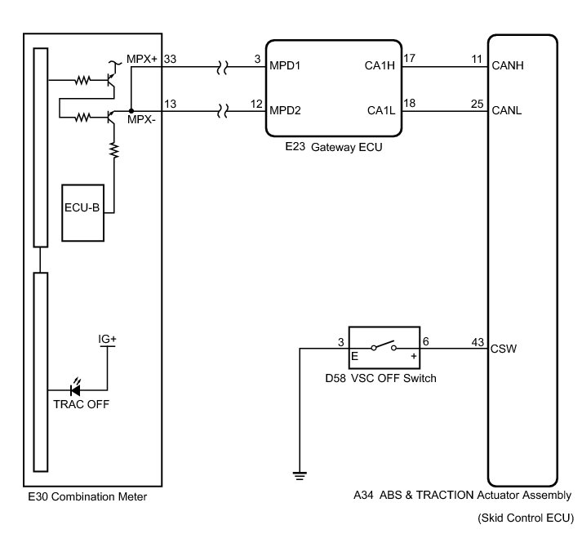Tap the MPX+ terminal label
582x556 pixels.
click(142, 60)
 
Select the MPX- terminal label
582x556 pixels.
click(141, 119)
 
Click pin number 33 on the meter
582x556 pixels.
click(170, 60)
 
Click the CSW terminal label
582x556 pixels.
click(503, 349)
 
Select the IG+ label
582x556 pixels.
click(108, 339)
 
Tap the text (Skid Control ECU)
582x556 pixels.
click(527, 518)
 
